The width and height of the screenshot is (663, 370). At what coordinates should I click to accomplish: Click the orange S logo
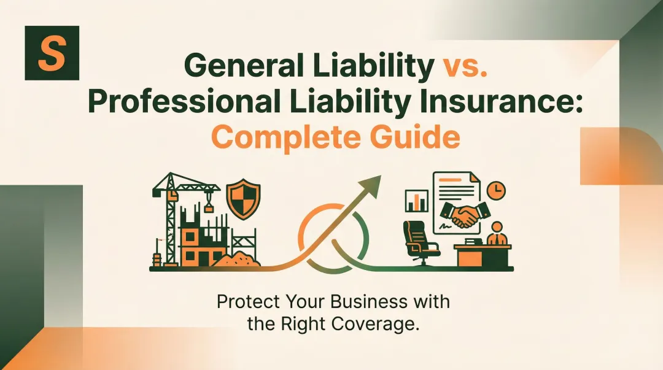point(52,53)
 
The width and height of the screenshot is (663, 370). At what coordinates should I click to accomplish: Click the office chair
point(419,243)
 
